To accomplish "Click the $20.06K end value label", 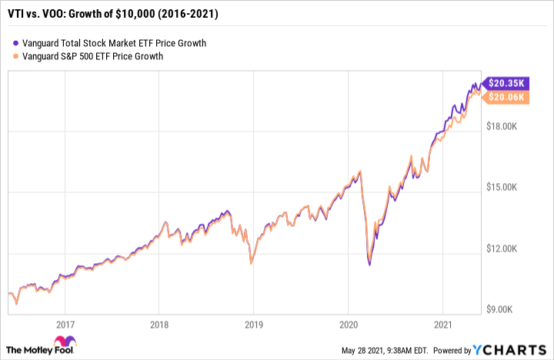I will coord(509,97).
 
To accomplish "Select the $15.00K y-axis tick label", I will coord(509,187).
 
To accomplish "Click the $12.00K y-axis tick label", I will coord(509,248).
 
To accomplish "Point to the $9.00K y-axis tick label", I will coord(511,310).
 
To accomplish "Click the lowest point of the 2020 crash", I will coord(370,265).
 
